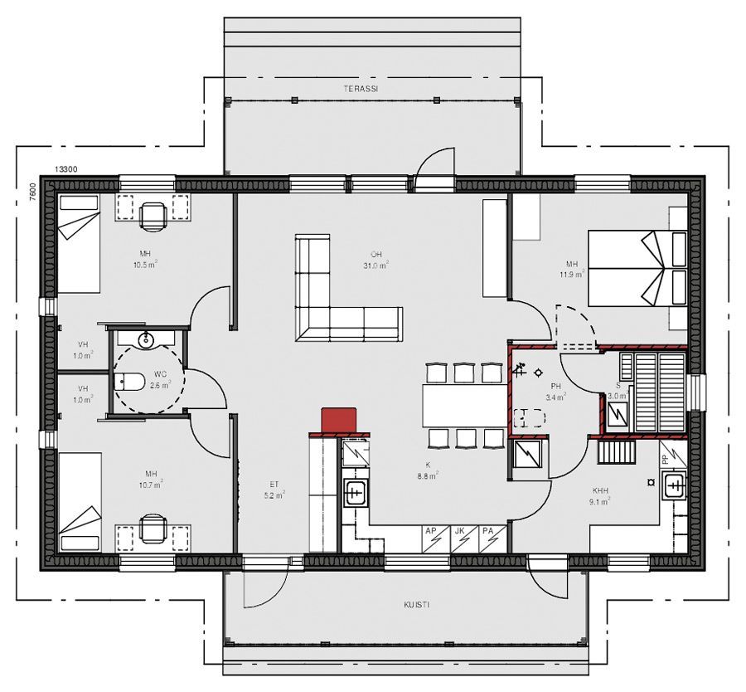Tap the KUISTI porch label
[417, 605]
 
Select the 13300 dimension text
[66, 169]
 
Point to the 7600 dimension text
[32, 192]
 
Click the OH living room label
[375, 254]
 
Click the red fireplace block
[337, 419]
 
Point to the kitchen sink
[356, 491]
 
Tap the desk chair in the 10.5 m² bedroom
[153, 215]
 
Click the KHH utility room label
[600, 490]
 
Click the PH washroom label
[555, 387]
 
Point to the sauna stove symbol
[618, 412]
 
